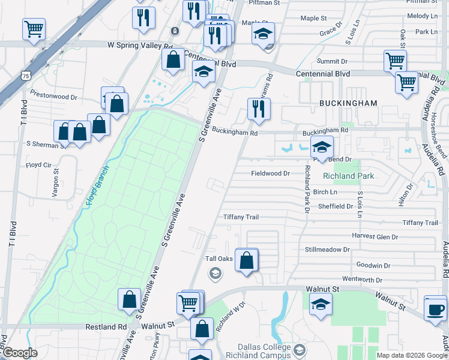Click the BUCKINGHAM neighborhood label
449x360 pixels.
click(x=348, y=103)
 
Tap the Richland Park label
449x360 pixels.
click(x=348, y=176)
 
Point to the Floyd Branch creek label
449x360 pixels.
click(x=98, y=187)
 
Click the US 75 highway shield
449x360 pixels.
click(x=25, y=76)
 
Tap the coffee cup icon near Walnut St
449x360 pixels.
click(x=435, y=310)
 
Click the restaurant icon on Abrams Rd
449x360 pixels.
click(x=259, y=109)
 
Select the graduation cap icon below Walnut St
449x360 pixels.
click(x=321, y=304)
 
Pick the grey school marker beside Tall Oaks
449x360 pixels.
click(x=214, y=274)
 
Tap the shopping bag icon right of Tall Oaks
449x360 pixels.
click(x=247, y=260)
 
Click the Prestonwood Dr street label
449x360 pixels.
click(x=54, y=97)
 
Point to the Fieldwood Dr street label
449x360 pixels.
click(x=270, y=173)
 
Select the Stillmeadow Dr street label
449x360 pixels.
click(x=327, y=249)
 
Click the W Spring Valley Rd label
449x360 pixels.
click(x=140, y=45)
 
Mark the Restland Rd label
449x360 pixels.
click(x=106, y=327)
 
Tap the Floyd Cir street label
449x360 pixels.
click(x=38, y=165)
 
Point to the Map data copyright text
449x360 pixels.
click(x=411, y=355)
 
